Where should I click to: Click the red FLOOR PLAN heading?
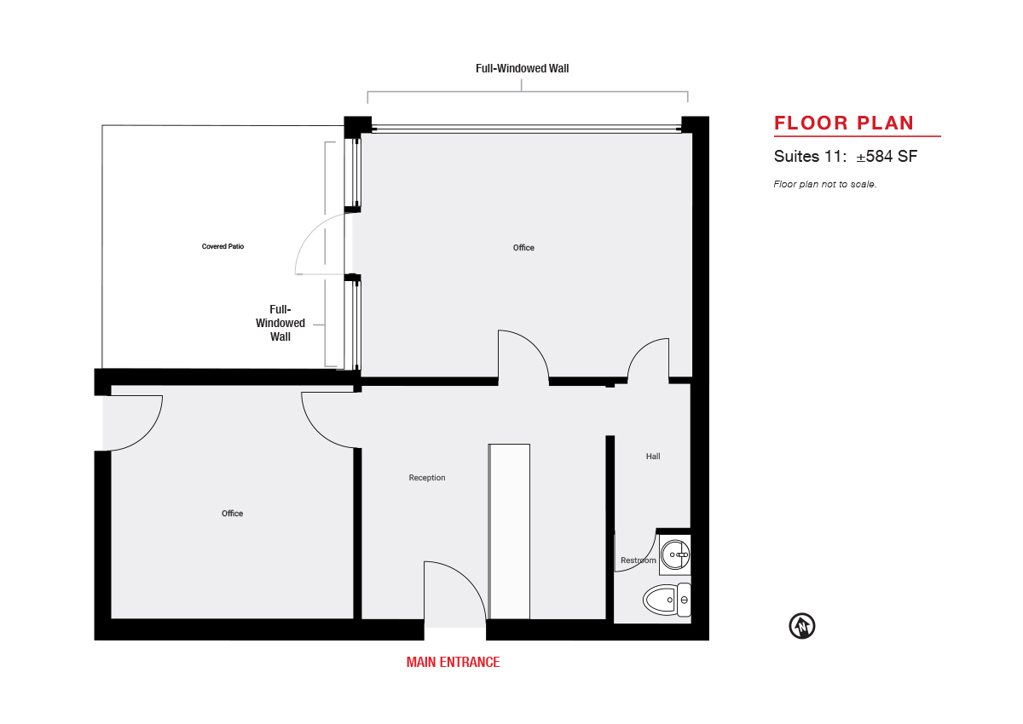pos(844,124)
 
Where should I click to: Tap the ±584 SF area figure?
pos(887,157)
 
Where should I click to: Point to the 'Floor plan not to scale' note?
pos(825,184)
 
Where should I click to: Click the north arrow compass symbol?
pos(802,626)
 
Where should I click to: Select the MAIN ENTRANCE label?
pos(453,662)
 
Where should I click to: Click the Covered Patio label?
pos(223,246)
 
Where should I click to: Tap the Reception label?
pos(427,478)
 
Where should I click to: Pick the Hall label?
pos(653,457)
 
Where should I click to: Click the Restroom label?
pos(638,560)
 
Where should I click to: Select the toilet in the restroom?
pos(667,600)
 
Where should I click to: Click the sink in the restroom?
pos(675,554)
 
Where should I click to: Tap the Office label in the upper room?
pos(523,248)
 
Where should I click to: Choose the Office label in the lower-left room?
pos(232,514)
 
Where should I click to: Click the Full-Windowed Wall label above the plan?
pos(522,68)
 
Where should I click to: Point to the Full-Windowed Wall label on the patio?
pos(280,323)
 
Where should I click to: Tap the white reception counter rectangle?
pos(509,532)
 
